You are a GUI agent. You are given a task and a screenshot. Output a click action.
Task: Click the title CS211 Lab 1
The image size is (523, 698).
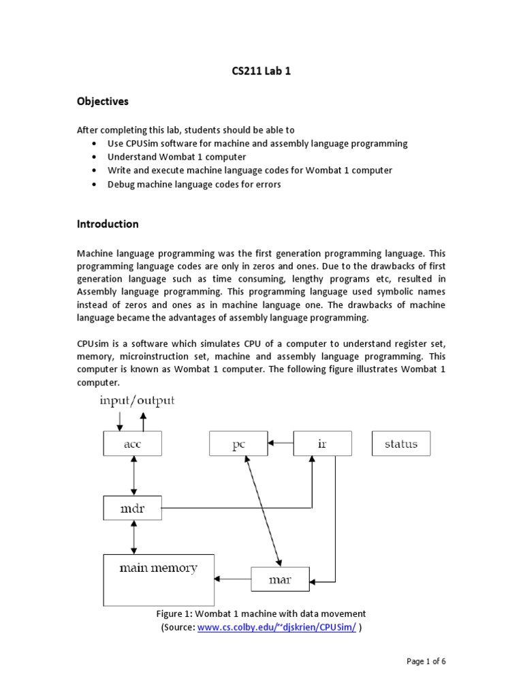pos(261,70)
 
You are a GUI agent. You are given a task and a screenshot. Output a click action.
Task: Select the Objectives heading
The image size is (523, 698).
pos(102,102)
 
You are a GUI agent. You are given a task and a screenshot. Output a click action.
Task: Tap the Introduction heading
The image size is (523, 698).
pos(108,224)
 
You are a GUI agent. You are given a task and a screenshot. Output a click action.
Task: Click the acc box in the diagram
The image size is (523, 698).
pos(133,444)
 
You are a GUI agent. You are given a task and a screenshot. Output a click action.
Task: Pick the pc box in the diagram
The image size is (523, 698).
pos(238,444)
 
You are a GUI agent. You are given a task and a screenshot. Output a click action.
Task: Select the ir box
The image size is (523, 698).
pos(322,444)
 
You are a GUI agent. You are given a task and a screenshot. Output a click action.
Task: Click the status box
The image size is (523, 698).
pos(401,444)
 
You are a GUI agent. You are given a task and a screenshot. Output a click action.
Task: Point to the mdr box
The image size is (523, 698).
pos(133,507)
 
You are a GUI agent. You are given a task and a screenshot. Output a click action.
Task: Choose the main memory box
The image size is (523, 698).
pos(158,579)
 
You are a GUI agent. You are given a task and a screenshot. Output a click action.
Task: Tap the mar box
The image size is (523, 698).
pos(280,580)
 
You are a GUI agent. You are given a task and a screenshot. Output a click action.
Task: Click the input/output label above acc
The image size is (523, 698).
pos(137,400)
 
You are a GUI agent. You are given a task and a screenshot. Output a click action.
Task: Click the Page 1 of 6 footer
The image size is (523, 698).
pos(426,661)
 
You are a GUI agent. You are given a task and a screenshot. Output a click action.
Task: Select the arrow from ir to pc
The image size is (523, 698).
pos(279,443)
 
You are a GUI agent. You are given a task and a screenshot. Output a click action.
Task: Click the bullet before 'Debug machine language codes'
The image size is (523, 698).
pos(93,184)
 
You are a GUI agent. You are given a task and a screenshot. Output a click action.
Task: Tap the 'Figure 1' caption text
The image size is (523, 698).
pos(261,613)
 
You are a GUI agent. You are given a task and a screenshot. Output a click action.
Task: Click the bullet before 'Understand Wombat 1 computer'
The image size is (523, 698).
pos(93,157)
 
